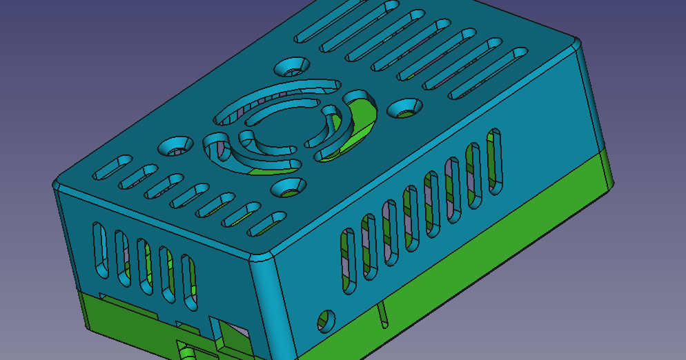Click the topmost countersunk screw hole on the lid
click(293, 68)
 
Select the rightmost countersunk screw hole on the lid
click(404, 108)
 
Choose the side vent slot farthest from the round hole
click(494, 161)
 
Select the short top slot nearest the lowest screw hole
click(266, 222)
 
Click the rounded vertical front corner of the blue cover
click(265, 303)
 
